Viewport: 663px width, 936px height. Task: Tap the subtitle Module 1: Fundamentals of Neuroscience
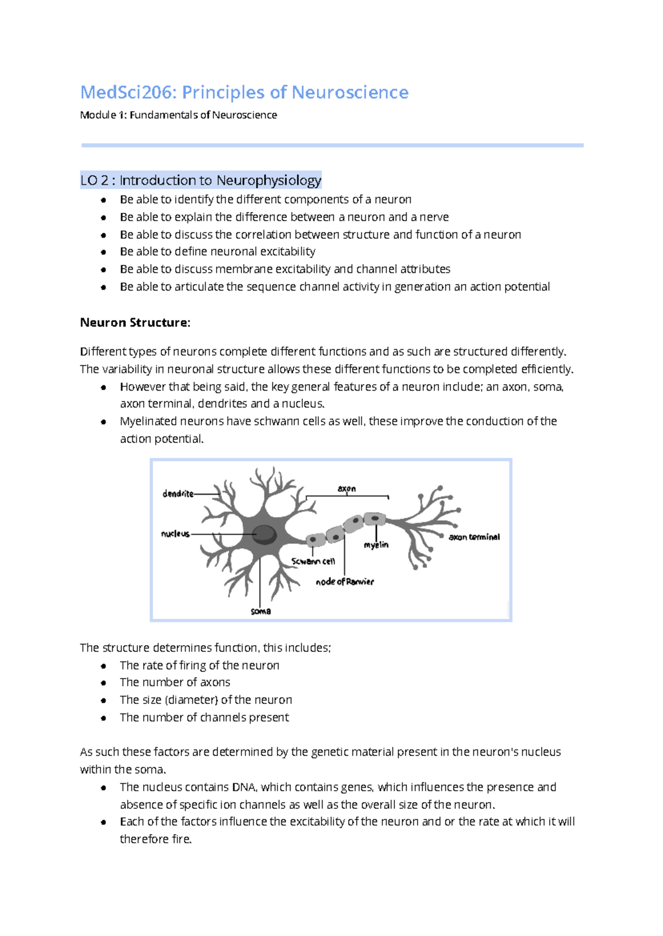178,115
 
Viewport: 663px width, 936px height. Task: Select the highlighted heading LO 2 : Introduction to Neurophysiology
201,180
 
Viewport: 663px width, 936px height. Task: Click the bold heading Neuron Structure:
135,323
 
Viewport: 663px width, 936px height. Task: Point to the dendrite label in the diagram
178,493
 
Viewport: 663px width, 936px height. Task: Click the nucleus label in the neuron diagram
175,534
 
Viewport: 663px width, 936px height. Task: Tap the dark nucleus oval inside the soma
265,534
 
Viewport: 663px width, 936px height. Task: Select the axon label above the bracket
347,488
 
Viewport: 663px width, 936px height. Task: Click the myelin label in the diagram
376,545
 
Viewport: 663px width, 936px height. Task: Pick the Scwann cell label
313,561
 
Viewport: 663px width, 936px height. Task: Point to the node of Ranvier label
345,581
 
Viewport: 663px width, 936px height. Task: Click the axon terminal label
474,537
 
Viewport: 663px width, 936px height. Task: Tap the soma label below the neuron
261,611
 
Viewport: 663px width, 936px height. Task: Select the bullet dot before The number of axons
103,683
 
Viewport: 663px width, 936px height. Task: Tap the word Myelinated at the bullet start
146,421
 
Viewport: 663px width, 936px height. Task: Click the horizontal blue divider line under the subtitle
332,145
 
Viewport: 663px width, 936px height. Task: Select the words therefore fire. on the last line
156,839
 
